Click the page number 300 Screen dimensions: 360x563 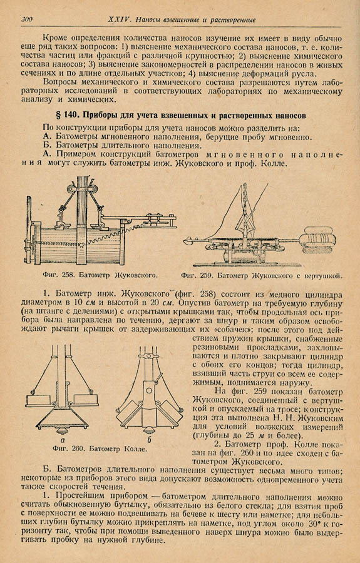click(26, 20)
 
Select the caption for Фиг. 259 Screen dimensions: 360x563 click(261, 276)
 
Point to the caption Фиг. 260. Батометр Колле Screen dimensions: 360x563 click(100, 449)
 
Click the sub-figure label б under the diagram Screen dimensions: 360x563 click(149, 440)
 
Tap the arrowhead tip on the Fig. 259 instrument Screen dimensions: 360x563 click(183, 238)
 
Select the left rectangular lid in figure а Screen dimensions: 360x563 click(41, 399)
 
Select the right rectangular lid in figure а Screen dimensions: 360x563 click(85, 399)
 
